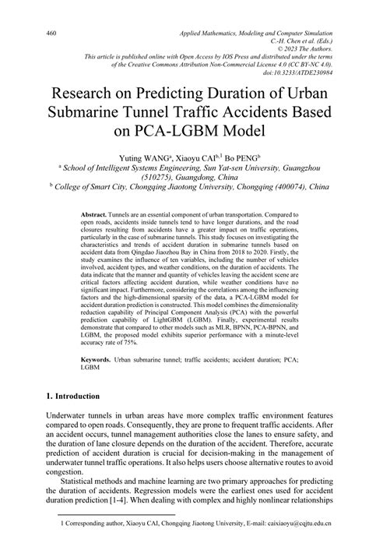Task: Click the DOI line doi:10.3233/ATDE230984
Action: point(297,72)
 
